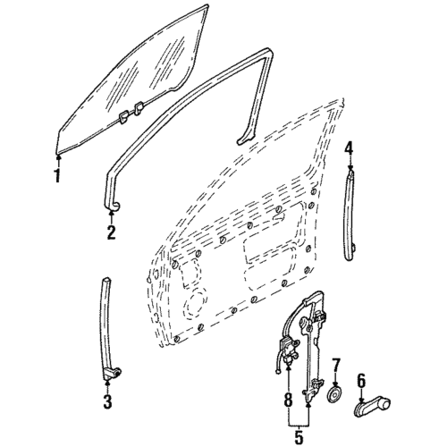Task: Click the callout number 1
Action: tap(57, 175)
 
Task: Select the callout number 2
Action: tap(111, 232)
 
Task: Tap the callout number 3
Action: tap(107, 401)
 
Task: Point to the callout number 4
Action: tap(349, 149)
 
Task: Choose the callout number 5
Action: tap(299, 437)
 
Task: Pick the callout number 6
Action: tap(361, 381)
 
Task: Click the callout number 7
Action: tap(336, 365)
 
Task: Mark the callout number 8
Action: tap(288, 399)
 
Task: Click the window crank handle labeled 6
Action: tap(372, 407)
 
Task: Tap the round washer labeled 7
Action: tap(334, 395)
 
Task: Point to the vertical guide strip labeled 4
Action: tap(350, 215)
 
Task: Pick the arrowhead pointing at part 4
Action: tap(350, 167)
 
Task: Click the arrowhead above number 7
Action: tap(335, 384)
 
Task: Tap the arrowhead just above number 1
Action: tap(58, 156)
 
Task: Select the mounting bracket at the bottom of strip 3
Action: tap(112, 374)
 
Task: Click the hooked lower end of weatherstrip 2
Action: tap(112, 207)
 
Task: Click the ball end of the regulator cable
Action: tap(278, 371)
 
